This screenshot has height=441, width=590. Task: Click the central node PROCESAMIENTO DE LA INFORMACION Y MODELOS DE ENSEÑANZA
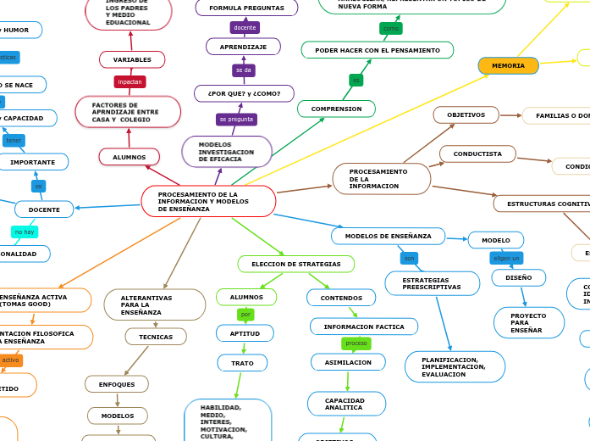coord(208,201)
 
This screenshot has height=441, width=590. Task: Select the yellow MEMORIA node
coord(508,65)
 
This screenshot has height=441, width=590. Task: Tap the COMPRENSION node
coord(336,109)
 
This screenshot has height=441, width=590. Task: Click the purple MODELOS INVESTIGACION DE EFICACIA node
coord(227,152)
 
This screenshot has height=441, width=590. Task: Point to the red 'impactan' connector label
coord(130,82)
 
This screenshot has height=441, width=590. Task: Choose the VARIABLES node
coord(132,59)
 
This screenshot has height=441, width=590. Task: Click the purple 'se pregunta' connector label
coord(236,120)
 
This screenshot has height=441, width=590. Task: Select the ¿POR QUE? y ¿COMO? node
coord(244,93)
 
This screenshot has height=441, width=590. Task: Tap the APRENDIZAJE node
coord(243,47)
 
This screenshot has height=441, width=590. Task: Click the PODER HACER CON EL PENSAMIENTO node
coord(378,50)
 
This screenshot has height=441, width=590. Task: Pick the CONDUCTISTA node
coord(477,154)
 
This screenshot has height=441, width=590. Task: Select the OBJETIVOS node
coord(466,114)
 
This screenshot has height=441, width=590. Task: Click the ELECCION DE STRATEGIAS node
coord(295,264)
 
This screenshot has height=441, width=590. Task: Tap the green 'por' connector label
coord(245,315)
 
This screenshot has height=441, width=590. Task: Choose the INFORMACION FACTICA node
coord(364,327)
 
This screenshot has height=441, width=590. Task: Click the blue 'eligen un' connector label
coord(506,258)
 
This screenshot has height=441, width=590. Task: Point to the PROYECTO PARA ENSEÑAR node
coord(528,322)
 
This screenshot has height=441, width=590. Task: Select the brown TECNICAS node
coord(156,337)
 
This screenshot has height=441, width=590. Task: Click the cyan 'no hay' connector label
coord(25,232)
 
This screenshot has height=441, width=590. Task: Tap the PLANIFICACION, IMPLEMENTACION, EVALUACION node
coord(455,366)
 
